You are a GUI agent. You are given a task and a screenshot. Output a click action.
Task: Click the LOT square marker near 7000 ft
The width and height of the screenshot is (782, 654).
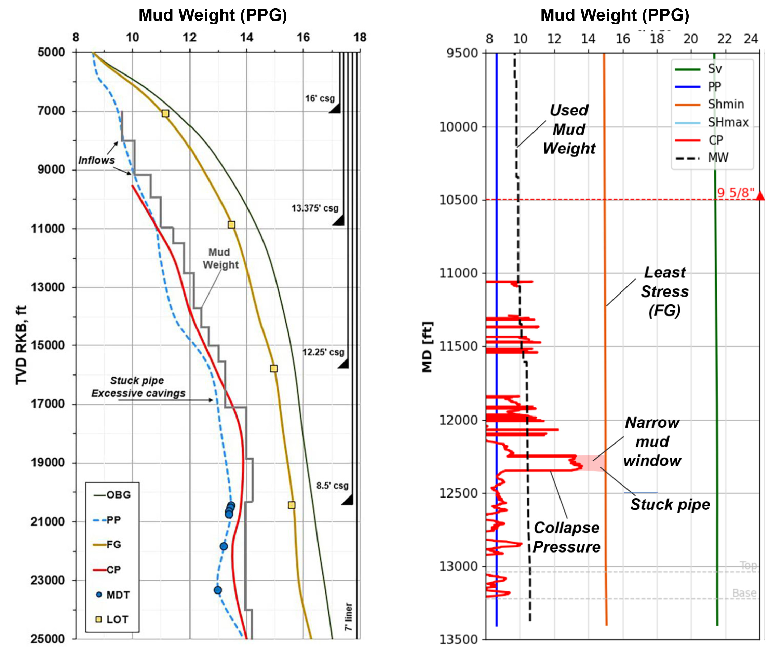coord(165,113)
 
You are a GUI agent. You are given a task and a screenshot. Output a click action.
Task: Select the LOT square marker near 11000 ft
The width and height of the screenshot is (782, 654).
coord(231,225)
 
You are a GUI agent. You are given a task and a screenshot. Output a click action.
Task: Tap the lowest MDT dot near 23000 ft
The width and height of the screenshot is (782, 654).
coord(218,590)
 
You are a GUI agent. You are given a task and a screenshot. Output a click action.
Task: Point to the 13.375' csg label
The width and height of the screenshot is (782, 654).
coord(315,208)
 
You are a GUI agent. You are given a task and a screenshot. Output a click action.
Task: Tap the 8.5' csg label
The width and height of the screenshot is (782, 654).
coord(332,486)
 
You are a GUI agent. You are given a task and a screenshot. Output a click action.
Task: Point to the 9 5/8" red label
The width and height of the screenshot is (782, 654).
coord(736,193)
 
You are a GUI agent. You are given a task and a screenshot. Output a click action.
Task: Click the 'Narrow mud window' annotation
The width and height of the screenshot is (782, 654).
coord(652,442)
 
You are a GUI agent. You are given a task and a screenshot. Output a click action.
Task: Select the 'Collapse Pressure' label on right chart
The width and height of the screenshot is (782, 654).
coord(566,537)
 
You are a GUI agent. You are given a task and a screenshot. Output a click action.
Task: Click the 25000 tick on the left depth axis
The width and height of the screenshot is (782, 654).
coord(48,639)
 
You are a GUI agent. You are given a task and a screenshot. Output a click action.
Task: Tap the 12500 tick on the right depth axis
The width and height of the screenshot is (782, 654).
coord(458,493)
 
